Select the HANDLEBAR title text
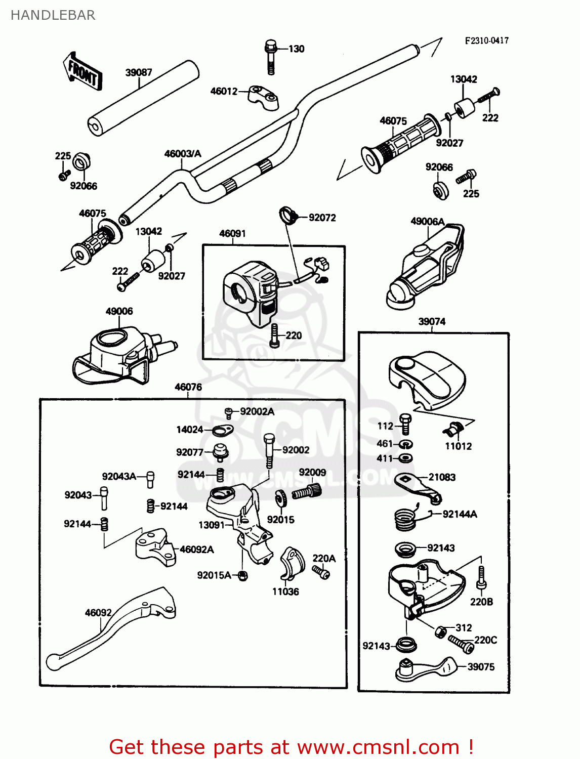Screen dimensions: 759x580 [x=53, y=15]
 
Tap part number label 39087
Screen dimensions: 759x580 [x=139, y=72]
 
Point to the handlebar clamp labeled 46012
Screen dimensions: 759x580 [x=263, y=97]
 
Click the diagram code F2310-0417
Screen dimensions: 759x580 [x=486, y=40]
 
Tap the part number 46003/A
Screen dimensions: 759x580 [x=182, y=154]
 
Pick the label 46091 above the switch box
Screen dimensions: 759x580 [x=232, y=233]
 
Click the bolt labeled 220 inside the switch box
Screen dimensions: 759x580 [x=274, y=335]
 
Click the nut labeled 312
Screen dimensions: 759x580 [x=441, y=631]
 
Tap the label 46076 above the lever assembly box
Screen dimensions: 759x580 [x=188, y=387]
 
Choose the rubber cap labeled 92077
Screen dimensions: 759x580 [x=220, y=452]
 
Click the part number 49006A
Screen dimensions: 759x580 [x=427, y=221]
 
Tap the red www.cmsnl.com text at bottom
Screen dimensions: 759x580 [x=378, y=747]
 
